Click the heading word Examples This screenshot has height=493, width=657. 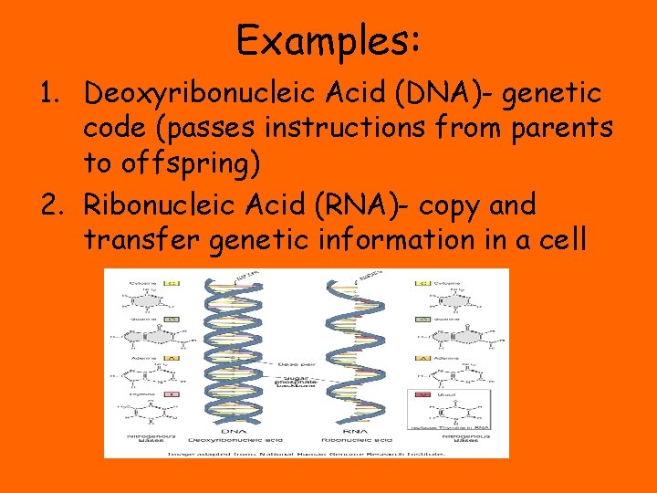(x=328, y=40)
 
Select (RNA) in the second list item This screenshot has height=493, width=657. (x=365, y=205)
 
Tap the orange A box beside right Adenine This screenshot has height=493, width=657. (x=422, y=358)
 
